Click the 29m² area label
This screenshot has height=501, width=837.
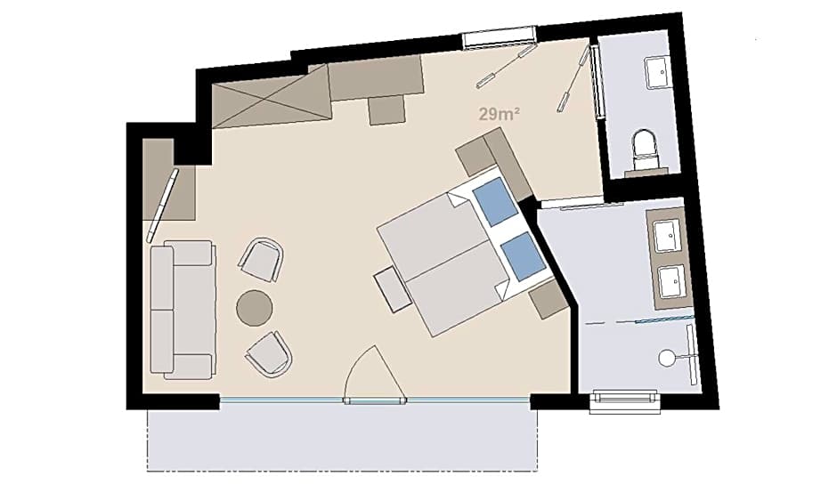[500, 114]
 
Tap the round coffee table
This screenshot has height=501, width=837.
[255, 308]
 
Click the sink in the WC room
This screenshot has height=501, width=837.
[656, 73]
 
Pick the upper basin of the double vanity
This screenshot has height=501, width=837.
[667, 235]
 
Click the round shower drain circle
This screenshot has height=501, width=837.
[666, 358]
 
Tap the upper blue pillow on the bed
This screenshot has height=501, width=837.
[495, 202]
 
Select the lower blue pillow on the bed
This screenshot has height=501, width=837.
[524, 256]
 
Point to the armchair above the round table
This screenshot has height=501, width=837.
[261, 259]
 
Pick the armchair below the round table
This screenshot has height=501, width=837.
[270, 354]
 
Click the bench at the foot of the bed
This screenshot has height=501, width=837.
[393, 291]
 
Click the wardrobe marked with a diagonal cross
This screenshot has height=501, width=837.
[272, 97]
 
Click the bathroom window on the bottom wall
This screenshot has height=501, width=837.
[624, 401]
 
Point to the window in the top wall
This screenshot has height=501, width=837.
[499, 39]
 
